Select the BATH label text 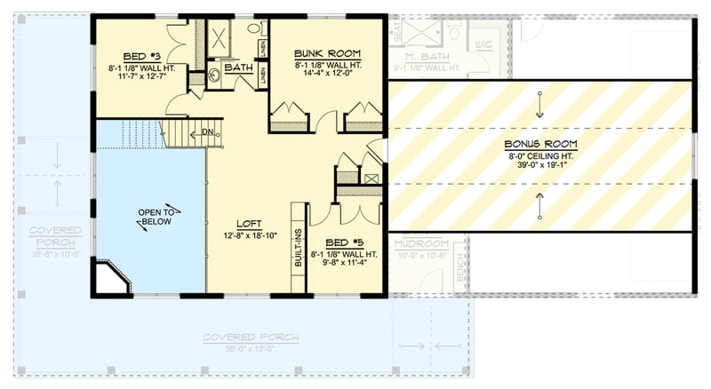pyautogui.click(x=238, y=67)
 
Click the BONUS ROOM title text pyautogui.click(x=540, y=144)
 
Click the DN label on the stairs pyautogui.click(x=206, y=132)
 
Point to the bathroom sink pyautogui.click(x=216, y=76)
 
